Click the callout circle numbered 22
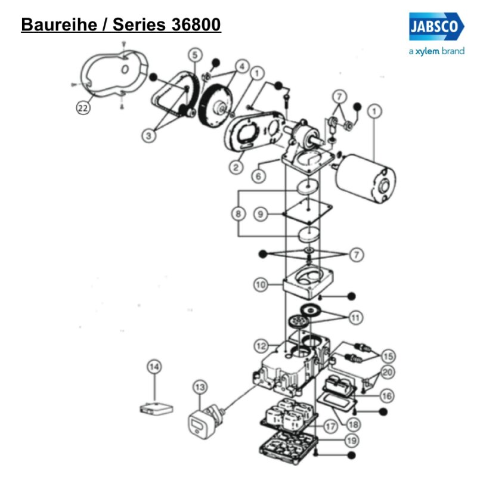coord(83,107)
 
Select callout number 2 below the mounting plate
coord(237,168)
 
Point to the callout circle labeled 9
coord(260,213)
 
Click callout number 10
coord(260,285)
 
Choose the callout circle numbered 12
coord(260,345)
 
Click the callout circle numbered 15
coord(388,357)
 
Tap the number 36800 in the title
coord(194,24)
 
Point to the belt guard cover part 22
coord(113,75)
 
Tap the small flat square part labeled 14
coord(154,409)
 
